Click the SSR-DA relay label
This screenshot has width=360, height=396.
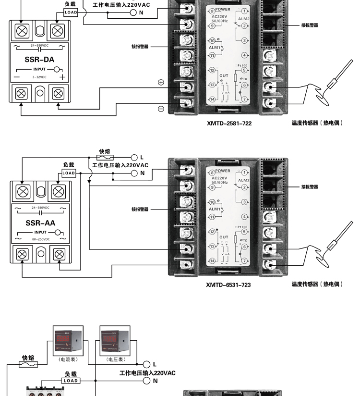pyautogui.click(x=39, y=60)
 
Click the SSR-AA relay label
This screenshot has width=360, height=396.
pyautogui.click(x=40, y=223)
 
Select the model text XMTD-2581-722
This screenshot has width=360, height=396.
pyautogui.click(x=229, y=123)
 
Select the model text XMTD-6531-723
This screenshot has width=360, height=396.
pyautogui.click(x=228, y=285)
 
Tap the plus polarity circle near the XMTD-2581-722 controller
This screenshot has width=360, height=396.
pyautogui.click(x=161, y=82)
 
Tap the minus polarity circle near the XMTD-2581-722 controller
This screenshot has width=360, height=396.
pyautogui.click(x=161, y=109)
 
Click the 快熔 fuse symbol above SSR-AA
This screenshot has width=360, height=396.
pyautogui.click(x=105, y=157)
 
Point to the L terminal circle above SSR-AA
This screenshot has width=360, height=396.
pyautogui.click(x=134, y=157)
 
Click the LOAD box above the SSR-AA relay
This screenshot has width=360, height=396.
pyautogui.click(x=69, y=173)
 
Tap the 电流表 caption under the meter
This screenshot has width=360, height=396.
pyautogui.click(x=68, y=359)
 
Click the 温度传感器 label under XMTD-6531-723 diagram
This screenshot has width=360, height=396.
pyautogui.click(x=317, y=284)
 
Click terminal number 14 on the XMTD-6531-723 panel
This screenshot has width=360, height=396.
pyautogui.click(x=213, y=260)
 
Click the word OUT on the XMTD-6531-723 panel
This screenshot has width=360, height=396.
pyautogui.click(x=224, y=237)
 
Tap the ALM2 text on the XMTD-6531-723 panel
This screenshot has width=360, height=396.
pyautogui.click(x=244, y=180)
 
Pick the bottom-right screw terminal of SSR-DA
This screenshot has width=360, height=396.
pyautogui.click(x=58, y=93)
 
